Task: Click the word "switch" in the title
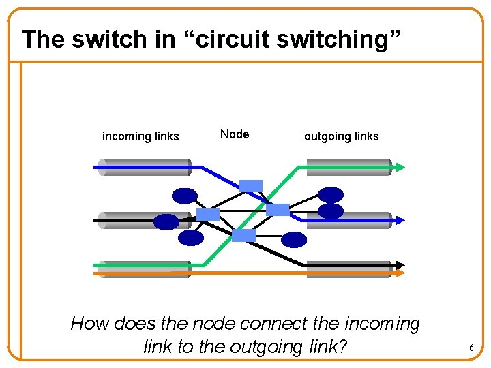point(110,39)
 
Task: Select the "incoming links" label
point(140,136)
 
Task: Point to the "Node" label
point(235,134)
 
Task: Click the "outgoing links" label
point(341,136)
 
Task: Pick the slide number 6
point(471,348)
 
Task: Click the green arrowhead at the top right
point(400,166)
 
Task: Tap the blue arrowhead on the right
point(400,220)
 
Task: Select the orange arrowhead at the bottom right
point(400,273)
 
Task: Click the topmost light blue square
point(250,185)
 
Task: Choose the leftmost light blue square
point(208,214)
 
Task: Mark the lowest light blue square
point(244,235)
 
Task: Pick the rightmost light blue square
point(278,209)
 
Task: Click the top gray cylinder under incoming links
point(143,167)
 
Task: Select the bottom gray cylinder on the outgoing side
point(348,270)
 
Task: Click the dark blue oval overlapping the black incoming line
point(166,221)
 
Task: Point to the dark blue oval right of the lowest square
point(295,239)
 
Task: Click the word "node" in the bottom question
point(216,323)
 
